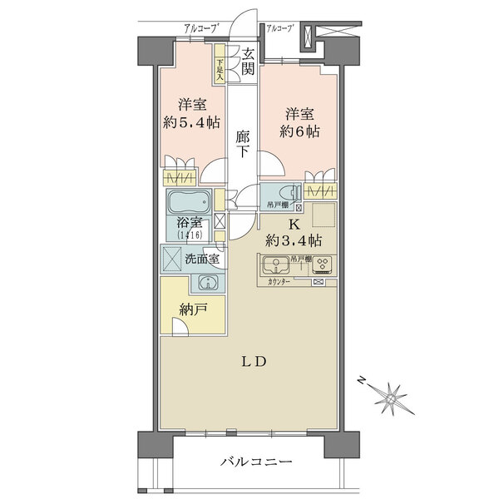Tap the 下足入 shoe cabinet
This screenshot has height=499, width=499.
tap(220, 67)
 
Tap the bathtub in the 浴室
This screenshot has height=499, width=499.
tap(190, 202)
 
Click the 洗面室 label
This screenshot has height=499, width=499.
tap(202, 259)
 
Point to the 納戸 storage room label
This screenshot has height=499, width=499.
tap(193, 310)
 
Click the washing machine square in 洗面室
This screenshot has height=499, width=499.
tap(175, 259)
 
